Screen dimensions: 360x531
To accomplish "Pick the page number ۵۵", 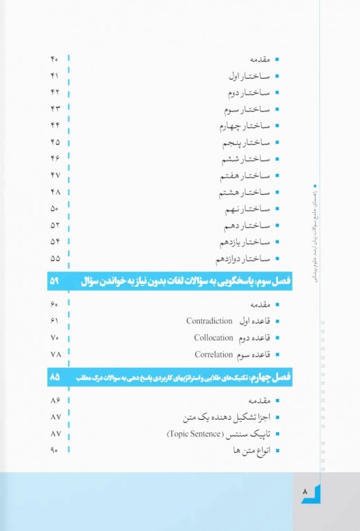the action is [55, 259].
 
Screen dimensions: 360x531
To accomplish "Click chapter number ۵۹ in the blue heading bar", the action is [55, 281].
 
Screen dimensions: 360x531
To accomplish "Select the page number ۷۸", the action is [55, 355].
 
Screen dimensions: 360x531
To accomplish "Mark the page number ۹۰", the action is [55, 451].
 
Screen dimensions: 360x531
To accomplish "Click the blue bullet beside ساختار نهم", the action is [278, 208].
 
